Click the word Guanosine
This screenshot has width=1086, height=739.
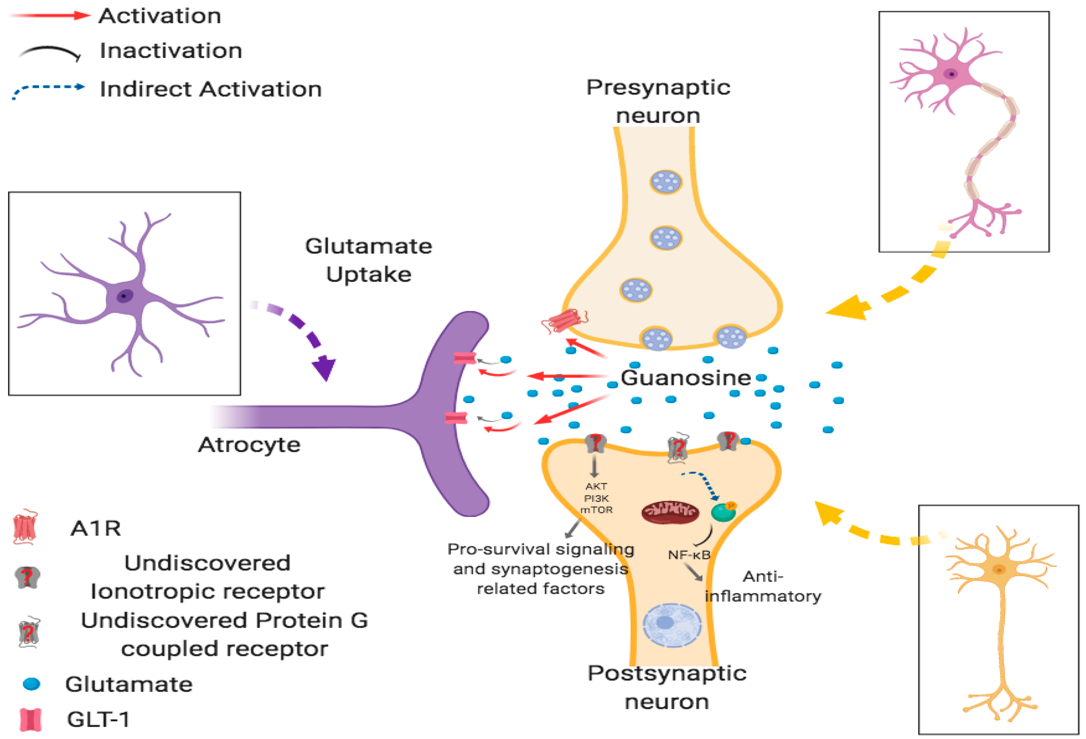pyautogui.click(x=685, y=378)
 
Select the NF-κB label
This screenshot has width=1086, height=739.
pyautogui.click(x=689, y=555)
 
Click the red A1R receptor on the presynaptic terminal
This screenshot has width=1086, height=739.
pyautogui.click(x=564, y=321)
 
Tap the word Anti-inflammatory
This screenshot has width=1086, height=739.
pyautogui.click(x=763, y=586)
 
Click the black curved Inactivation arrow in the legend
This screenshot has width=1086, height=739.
pyautogui.click(x=49, y=51)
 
